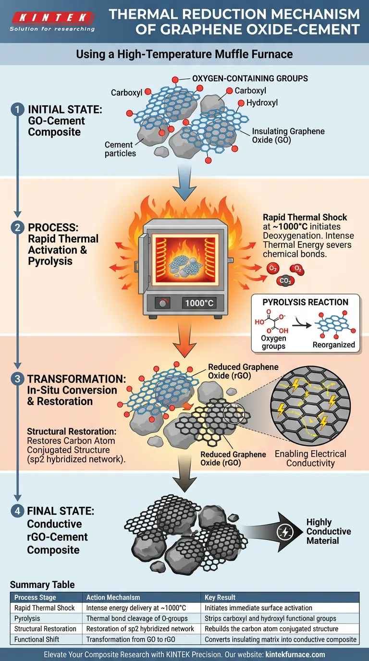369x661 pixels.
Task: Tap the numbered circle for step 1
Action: [x=17, y=110]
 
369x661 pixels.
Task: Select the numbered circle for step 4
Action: [x=17, y=511]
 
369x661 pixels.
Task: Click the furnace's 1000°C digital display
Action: [x=198, y=303]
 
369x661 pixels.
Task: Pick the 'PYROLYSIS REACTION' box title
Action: [x=305, y=302]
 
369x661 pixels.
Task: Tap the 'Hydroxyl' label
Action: [x=262, y=103]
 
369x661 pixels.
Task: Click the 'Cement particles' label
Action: [x=120, y=149]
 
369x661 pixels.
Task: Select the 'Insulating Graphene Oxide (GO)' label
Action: [x=288, y=135]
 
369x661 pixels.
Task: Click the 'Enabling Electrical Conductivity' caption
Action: [x=310, y=458]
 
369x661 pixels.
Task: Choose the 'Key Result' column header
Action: [x=220, y=597]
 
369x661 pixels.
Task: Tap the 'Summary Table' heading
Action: [x=42, y=585]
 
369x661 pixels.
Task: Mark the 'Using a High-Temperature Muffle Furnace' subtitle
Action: [x=184, y=54]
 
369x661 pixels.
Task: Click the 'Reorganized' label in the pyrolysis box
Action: [x=333, y=345]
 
